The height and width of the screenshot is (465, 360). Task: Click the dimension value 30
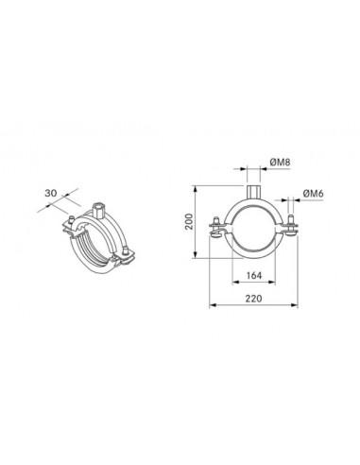(x=51, y=193)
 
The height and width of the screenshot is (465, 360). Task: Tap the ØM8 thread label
(x=280, y=163)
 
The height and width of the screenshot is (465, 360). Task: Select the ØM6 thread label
(x=314, y=194)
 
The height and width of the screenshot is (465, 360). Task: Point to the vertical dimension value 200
(x=189, y=222)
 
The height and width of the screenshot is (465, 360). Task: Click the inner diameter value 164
(x=254, y=276)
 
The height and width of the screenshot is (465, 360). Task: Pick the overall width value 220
(x=253, y=299)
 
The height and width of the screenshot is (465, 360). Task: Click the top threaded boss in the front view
(x=253, y=192)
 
